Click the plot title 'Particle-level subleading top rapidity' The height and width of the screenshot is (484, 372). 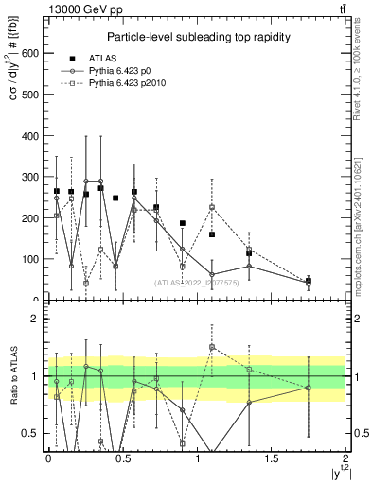(197, 37)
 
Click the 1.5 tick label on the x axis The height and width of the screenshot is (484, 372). (273, 458)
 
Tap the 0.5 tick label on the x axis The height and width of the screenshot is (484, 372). (123, 458)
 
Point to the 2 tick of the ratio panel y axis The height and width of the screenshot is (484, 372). (35, 319)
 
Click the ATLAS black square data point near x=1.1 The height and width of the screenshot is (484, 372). (212, 234)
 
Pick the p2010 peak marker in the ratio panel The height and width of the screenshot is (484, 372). (212, 346)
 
